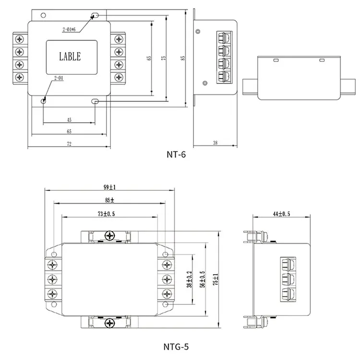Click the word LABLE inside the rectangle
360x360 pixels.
tap(70, 57)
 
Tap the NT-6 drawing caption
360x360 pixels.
tap(176, 155)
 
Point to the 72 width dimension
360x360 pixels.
tap(69, 143)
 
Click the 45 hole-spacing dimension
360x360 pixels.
tap(69, 120)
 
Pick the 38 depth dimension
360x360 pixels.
tap(215, 142)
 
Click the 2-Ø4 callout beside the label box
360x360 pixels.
tap(59, 77)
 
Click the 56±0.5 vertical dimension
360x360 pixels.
tap(203, 278)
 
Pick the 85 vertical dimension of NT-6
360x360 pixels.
tap(183, 58)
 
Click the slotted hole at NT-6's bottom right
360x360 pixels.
tap(96, 101)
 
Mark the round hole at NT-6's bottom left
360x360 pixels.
tap(44, 101)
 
